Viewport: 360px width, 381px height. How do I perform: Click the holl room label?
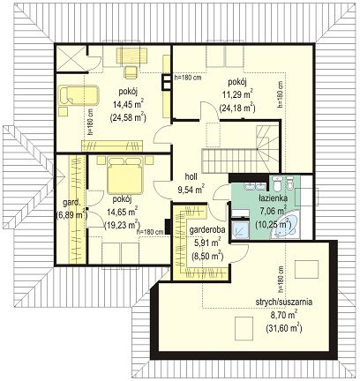(191, 176)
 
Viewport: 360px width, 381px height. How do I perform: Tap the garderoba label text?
(207, 230)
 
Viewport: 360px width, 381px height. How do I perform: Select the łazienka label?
(273, 198)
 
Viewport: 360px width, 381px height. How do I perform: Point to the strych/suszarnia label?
(284, 303)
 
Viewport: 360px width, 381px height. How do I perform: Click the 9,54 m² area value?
(191, 189)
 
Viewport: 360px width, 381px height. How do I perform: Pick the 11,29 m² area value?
(237, 94)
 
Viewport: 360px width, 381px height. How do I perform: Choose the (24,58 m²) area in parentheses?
(128, 117)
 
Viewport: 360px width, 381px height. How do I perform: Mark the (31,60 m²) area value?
(284, 327)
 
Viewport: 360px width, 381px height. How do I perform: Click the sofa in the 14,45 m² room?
(79, 95)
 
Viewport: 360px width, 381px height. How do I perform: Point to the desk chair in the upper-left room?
(131, 72)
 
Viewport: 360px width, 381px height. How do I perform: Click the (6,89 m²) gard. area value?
(71, 214)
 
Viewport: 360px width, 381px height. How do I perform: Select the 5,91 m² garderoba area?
(207, 243)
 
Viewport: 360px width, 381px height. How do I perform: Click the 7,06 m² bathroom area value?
(273, 211)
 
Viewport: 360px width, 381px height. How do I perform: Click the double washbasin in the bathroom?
(255, 186)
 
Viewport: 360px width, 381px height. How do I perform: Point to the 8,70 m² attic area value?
(284, 315)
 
